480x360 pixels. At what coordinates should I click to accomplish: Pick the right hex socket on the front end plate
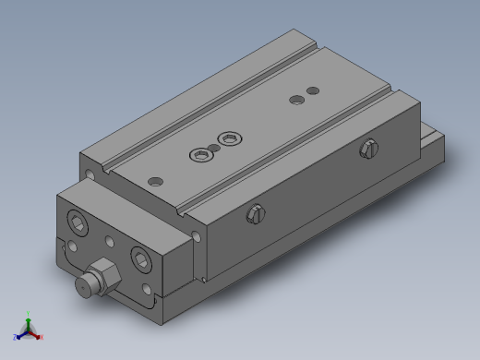coord(141,258)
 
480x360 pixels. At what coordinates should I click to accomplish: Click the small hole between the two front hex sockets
coord(110,241)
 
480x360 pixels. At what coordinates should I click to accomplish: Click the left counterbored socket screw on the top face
coord(200,154)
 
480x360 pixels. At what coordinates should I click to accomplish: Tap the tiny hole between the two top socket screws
coord(213,148)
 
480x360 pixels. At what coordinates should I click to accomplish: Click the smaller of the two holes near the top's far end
coord(312,90)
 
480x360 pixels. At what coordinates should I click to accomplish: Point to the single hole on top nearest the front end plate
coord(155,181)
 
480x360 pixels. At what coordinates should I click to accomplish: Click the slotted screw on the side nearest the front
coord(256,214)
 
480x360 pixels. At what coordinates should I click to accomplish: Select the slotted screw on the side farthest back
coord(369,147)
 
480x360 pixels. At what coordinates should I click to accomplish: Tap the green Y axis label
coord(29,314)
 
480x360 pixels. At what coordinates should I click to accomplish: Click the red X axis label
coord(42,338)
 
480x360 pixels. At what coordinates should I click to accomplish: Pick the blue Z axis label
coord(15,338)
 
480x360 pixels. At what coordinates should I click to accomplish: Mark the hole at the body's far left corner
coord(89,173)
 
